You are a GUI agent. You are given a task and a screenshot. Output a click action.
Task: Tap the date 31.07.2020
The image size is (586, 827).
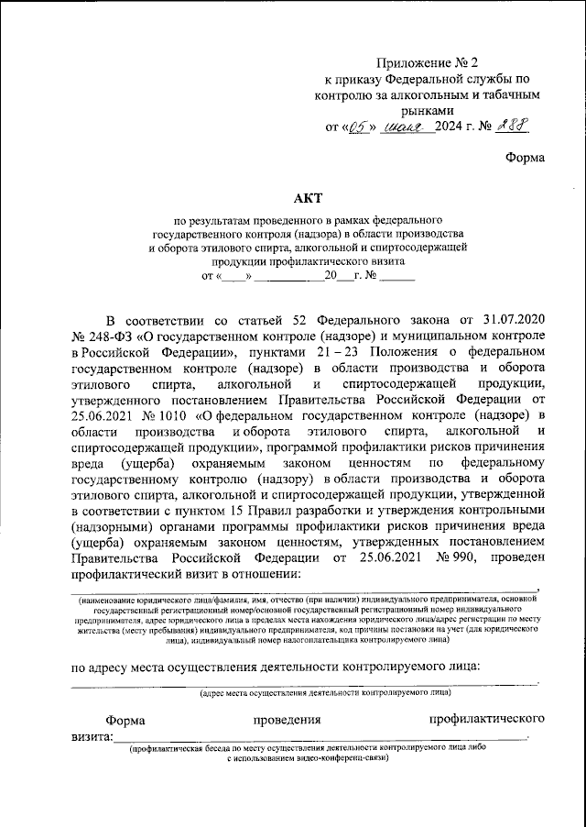point(509,319)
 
